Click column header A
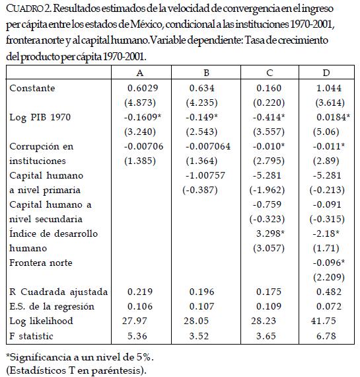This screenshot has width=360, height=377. coord(140,73)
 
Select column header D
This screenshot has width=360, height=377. coord(326,73)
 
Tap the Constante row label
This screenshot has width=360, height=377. coord(32,88)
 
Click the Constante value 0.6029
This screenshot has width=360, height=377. coord(143,88)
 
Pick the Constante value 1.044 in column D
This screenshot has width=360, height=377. coord(329,88)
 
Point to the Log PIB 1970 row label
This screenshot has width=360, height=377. coord(40,117)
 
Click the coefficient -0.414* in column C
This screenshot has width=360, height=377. coord(269,117)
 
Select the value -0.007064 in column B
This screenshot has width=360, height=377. coord(208,146)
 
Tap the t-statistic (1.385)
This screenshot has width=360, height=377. coord(140,161)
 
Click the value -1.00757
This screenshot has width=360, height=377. coord(205,175)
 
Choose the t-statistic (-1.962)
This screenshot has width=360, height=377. coord(267,190)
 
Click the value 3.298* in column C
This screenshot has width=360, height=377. coord(270,233)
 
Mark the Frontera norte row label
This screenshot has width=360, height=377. coord(41,263)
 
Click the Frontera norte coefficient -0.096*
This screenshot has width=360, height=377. coord(329,263)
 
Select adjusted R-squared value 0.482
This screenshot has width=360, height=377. coord(329,292)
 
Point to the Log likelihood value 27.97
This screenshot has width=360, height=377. coord(134,321)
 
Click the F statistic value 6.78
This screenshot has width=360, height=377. coord(326,336)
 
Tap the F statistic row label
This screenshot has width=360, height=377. coord(31,336)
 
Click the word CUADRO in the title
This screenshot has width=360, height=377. coord(24,9)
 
